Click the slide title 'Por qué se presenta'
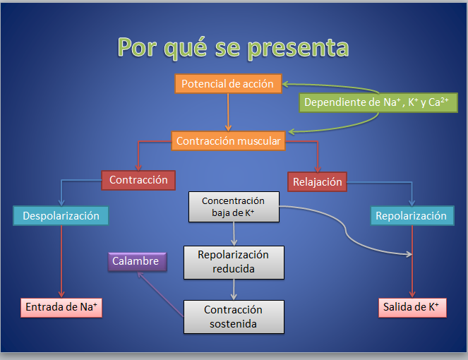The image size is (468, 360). [x=233, y=47]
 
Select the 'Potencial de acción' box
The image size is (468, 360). [x=228, y=84]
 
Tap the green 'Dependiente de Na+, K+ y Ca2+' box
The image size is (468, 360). [x=378, y=103]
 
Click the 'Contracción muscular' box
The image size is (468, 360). [x=228, y=141]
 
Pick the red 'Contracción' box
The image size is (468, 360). [x=138, y=180]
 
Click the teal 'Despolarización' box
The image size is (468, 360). [x=61, y=216]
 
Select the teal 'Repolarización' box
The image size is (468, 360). [x=411, y=216]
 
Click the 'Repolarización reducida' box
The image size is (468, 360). [x=233, y=261]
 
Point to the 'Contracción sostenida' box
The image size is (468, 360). [x=233, y=317]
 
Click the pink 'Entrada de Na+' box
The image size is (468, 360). [x=61, y=307]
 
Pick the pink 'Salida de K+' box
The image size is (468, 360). [x=411, y=307]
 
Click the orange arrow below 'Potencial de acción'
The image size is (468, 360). [x=228, y=112]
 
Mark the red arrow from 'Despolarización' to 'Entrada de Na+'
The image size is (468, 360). [x=61, y=261]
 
